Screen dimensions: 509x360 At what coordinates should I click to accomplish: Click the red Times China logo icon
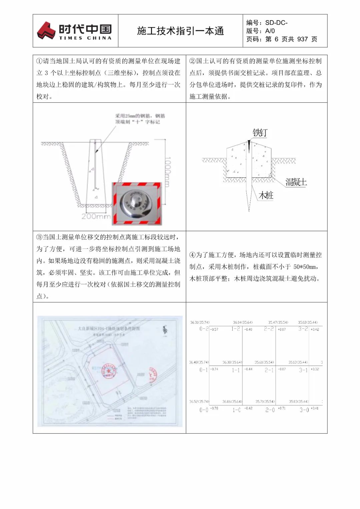46,30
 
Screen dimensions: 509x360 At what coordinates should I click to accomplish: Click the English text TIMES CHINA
85,38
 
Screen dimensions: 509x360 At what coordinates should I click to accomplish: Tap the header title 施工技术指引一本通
180,31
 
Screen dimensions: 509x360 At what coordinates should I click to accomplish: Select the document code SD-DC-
276,23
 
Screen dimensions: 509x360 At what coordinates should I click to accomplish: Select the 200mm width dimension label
96,216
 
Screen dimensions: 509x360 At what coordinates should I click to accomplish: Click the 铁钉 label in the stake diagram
260,133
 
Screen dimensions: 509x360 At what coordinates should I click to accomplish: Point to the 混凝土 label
296,182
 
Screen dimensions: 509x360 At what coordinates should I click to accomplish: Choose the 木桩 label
266,195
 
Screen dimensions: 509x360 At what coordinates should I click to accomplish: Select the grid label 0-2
204,329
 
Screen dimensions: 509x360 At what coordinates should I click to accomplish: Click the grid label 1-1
236,370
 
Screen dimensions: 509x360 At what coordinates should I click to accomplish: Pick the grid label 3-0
304,410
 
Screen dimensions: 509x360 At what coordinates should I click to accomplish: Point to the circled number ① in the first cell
39,61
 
